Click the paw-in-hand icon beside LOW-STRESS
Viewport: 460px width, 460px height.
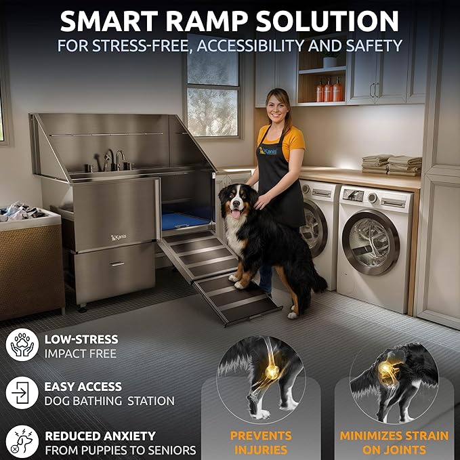(22, 346)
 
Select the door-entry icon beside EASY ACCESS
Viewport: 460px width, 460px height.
(22, 393)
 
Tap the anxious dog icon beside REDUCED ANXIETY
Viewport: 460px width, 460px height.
(22, 441)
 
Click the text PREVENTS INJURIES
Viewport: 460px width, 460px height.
(261, 442)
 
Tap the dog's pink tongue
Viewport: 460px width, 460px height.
(235, 214)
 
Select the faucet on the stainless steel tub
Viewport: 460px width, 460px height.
(120, 161)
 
